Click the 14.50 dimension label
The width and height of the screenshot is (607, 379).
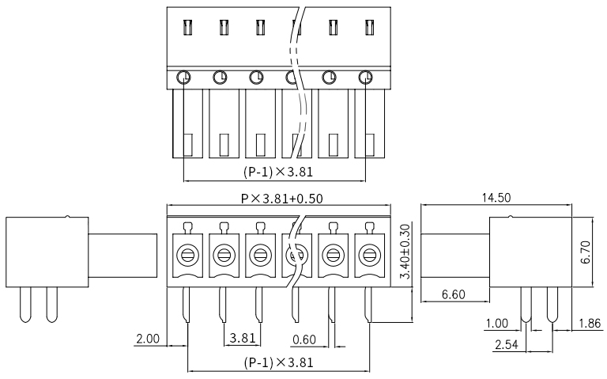496,198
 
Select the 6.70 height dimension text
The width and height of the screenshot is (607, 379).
586,252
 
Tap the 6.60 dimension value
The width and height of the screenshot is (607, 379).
454,294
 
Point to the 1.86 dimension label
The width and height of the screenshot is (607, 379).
590,323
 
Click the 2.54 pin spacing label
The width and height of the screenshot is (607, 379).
506,344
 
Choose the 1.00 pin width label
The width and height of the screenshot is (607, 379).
496,323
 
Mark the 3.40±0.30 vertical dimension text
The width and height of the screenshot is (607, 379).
405,252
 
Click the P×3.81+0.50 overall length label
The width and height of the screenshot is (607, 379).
282,199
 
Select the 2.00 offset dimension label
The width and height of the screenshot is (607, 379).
148,339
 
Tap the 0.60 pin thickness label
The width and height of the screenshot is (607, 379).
304,339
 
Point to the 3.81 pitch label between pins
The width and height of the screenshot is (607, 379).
243,338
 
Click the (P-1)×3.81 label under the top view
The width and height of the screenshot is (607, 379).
278,171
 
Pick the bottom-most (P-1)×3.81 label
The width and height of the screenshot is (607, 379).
278,362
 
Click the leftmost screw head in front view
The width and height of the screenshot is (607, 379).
188,256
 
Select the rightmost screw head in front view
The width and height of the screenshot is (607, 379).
369,256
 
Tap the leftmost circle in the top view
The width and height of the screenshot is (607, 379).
183,78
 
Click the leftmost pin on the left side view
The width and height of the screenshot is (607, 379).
25,305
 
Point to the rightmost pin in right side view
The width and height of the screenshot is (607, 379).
552,305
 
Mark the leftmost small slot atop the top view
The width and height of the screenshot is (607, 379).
187,28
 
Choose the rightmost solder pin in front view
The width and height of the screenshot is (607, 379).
368,305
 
